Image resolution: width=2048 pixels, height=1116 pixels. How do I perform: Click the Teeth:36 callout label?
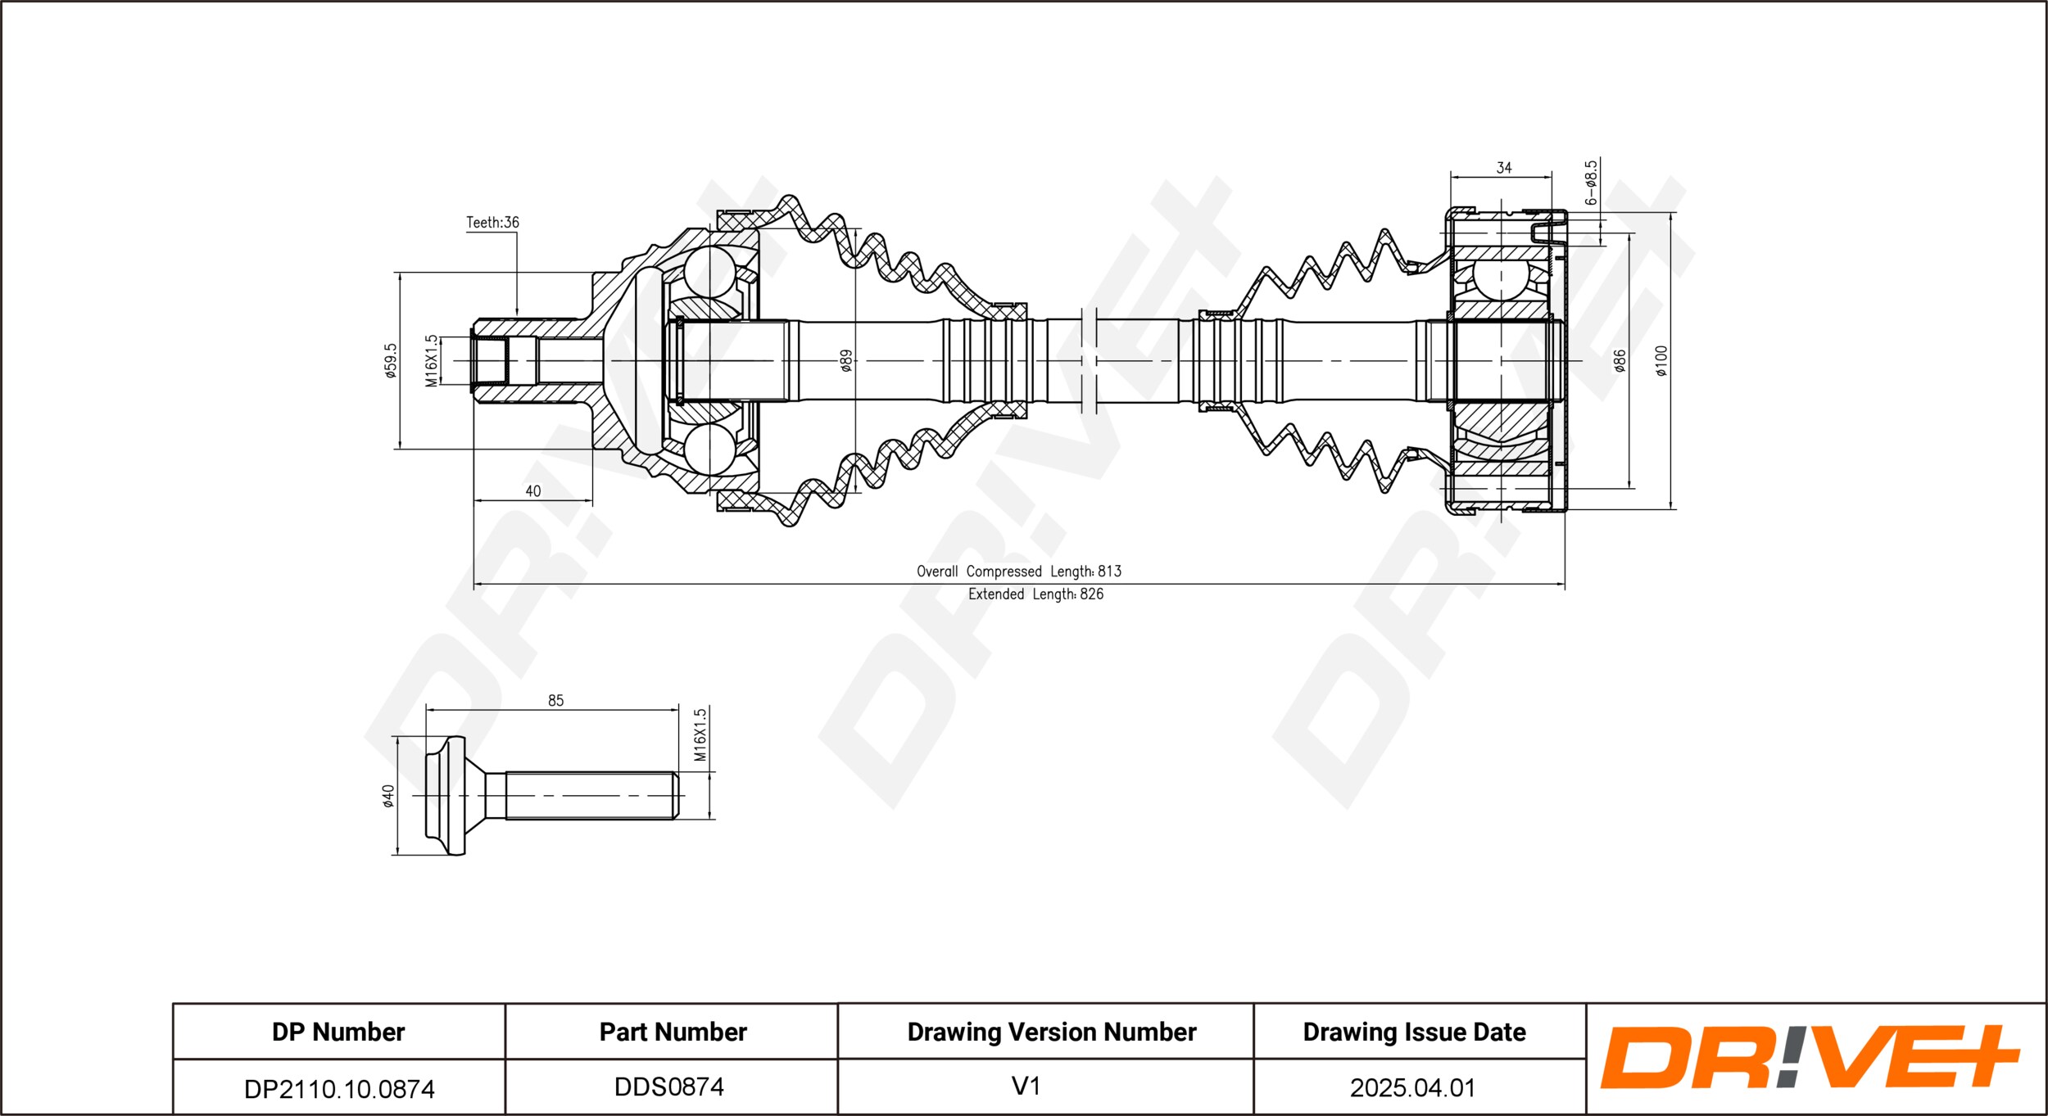(x=492, y=223)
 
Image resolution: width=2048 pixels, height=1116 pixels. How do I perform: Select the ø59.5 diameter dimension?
(x=391, y=360)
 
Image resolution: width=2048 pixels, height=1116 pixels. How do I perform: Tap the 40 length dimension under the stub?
(x=532, y=491)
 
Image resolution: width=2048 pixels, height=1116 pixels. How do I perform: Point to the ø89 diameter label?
(x=846, y=360)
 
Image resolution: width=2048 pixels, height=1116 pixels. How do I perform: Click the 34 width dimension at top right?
(x=1504, y=168)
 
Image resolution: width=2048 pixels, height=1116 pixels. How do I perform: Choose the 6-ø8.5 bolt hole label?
(x=1591, y=183)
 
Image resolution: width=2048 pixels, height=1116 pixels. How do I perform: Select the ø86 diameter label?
(x=1620, y=360)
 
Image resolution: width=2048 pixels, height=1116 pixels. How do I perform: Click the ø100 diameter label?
(x=1661, y=360)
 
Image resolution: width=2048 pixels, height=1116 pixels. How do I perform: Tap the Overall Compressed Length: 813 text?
(x=1019, y=572)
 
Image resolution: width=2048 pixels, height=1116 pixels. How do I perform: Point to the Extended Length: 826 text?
(x=1035, y=594)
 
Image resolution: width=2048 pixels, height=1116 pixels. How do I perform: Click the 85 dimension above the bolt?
(x=555, y=701)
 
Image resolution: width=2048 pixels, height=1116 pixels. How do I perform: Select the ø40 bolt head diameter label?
(x=388, y=796)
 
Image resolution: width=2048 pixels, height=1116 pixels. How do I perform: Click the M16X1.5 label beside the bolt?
(x=700, y=734)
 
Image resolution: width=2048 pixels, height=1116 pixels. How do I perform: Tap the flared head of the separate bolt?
(x=446, y=796)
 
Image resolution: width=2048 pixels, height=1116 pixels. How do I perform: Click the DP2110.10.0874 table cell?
(x=339, y=1088)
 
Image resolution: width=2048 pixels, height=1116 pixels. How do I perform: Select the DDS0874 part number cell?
(x=669, y=1087)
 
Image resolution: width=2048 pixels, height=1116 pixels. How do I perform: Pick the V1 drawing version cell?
(x=1026, y=1086)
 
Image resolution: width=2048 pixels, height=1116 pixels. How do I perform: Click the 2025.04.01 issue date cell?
(x=1412, y=1087)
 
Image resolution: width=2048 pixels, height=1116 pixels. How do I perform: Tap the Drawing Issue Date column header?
(x=1414, y=1032)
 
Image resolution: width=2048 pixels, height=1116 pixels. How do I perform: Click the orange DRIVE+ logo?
(x=1810, y=1057)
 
